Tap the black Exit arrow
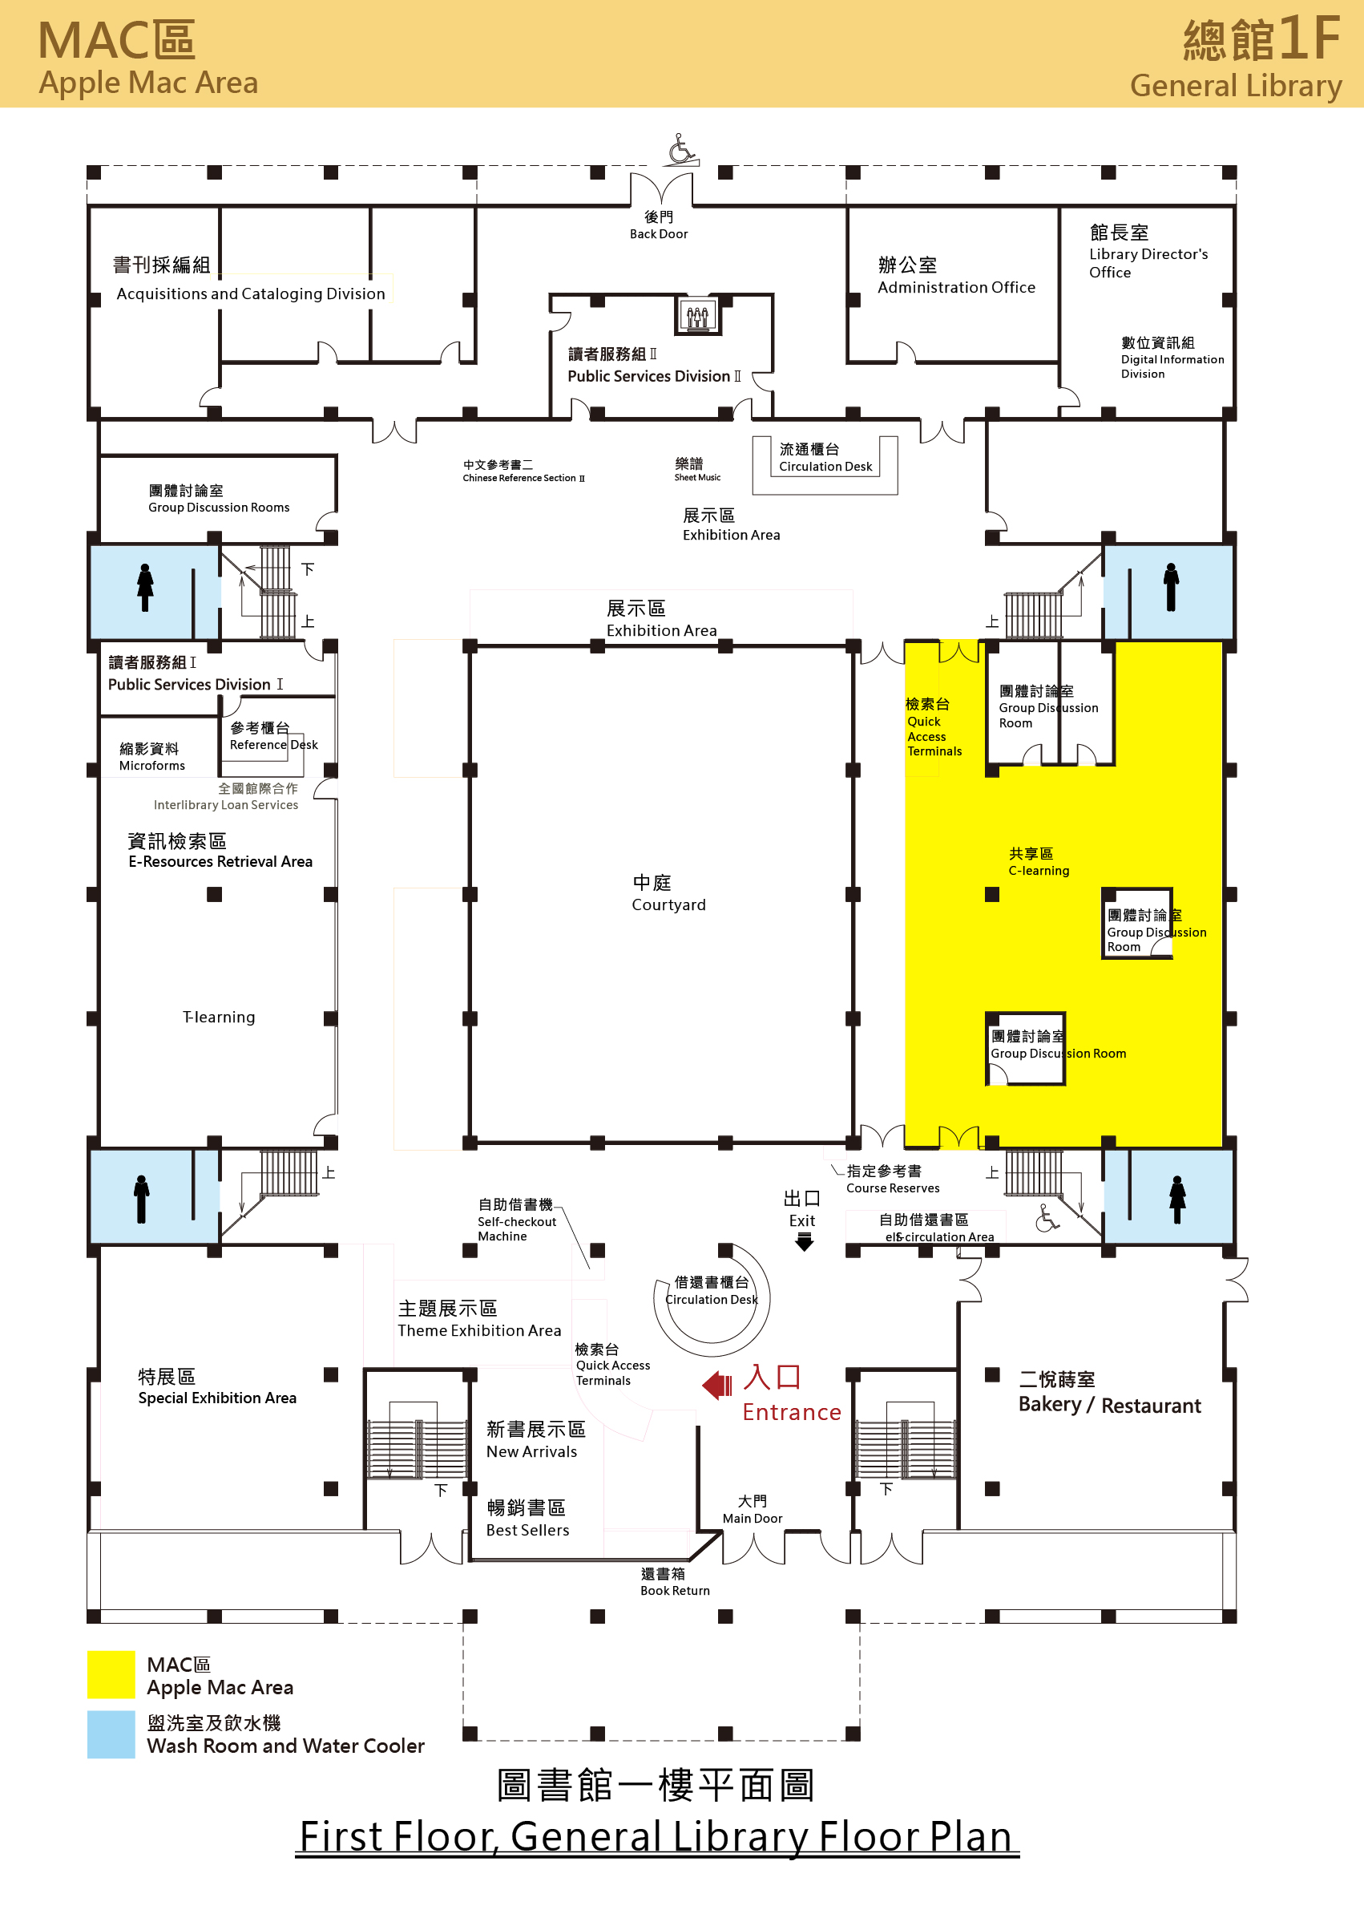coord(804,1241)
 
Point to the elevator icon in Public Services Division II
coord(697,315)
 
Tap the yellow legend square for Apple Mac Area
coord(111,1674)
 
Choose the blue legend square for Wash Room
coord(111,1734)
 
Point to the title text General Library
coord(1236,87)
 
